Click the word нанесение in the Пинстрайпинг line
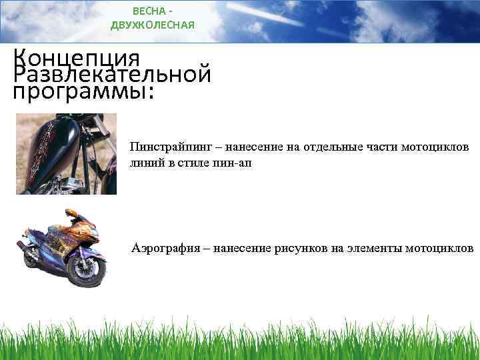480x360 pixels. point(257,146)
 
